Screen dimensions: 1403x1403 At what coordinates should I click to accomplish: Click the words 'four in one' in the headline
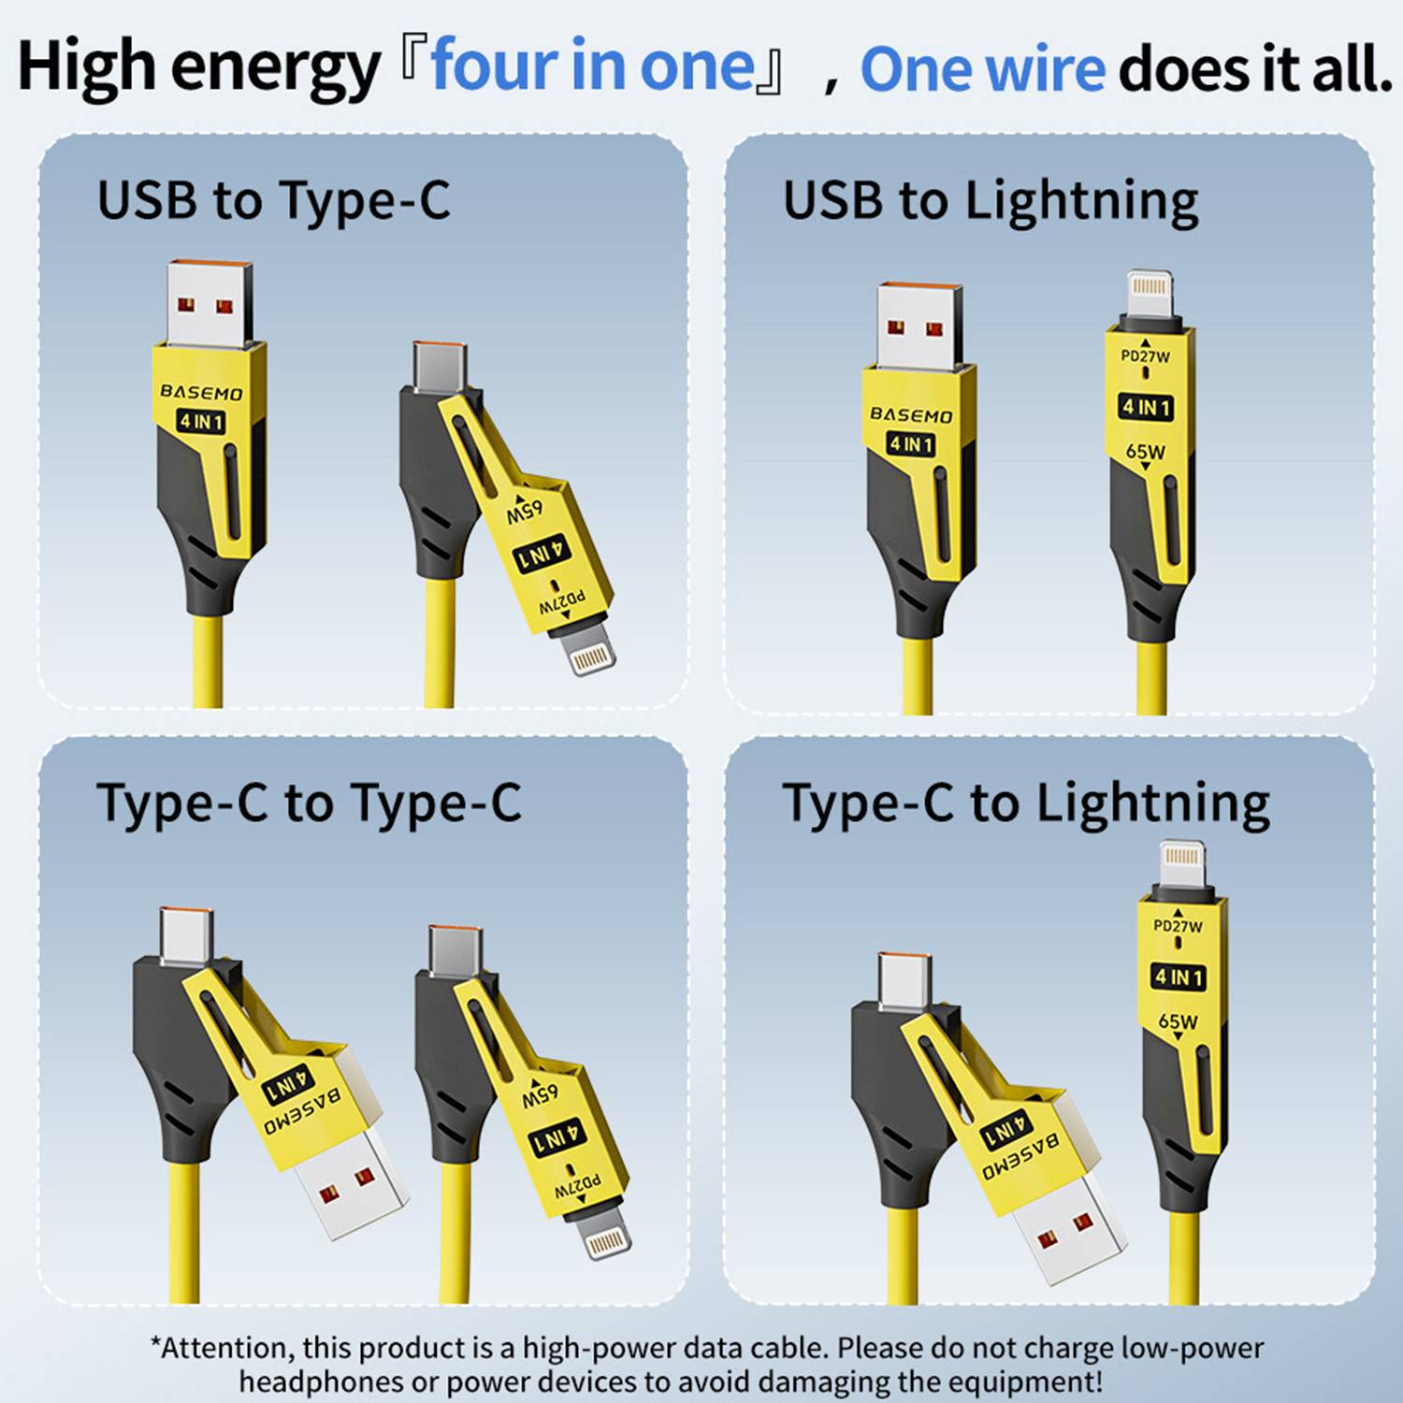(593, 65)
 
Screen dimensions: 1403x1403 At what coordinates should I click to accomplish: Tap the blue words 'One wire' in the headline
(982, 69)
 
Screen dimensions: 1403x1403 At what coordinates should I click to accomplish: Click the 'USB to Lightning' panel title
(991, 202)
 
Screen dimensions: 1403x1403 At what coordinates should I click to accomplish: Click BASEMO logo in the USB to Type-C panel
(201, 392)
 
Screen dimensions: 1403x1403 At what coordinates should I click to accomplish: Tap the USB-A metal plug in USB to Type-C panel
(210, 304)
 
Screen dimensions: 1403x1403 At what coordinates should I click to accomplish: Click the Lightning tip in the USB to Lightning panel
(1150, 297)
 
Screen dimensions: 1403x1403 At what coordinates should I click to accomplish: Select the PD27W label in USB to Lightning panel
(1146, 356)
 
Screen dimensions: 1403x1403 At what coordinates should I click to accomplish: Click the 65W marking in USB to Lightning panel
(1146, 452)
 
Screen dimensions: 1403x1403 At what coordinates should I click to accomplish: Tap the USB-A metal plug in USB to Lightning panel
(919, 325)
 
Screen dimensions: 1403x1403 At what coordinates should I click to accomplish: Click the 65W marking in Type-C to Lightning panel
(1178, 1021)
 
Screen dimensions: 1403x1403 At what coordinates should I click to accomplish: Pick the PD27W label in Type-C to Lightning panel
(1178, 926)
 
